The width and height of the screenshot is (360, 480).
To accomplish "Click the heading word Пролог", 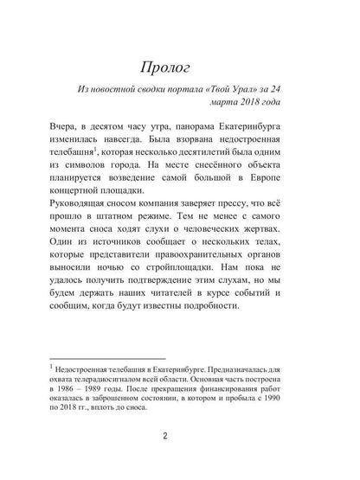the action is (179, 67).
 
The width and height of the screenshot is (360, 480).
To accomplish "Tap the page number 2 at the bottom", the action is (179, 459).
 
